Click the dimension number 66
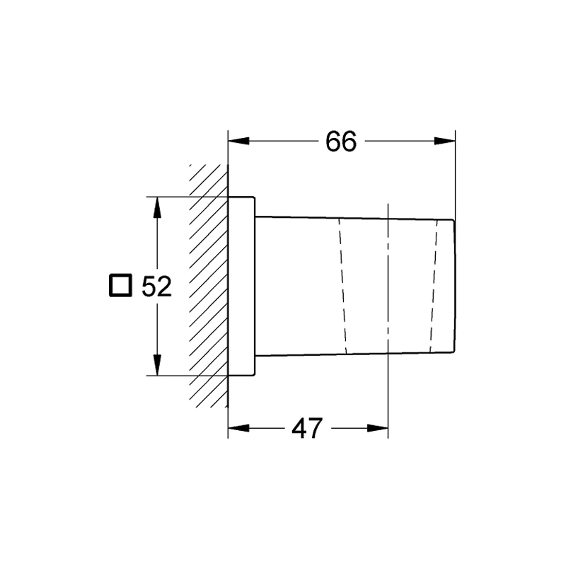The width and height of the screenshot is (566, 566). pyautogui.click(x=341, y=141)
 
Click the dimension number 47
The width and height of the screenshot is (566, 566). pyautogui.click(x=307, y=429)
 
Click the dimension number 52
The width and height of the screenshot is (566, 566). pyautogui.click(x=156, y=287)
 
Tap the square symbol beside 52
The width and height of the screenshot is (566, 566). pyautogui.click(x=120, y=285)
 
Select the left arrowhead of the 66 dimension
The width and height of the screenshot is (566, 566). pyautogui.click(x=238, y=141)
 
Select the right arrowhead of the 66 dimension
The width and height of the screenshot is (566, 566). pyautogui.click(x=445, y=141)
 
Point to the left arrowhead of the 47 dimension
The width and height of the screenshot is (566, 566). pyautogui.click(x=238, y=429)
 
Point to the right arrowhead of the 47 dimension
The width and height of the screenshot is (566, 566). pyautogui.click(x=378, y=429)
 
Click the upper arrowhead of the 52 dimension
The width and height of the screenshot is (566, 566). pyautogui.click(x=156, y=207)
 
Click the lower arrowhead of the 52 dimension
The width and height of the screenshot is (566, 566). pyautogui.click(x=156, y=365)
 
